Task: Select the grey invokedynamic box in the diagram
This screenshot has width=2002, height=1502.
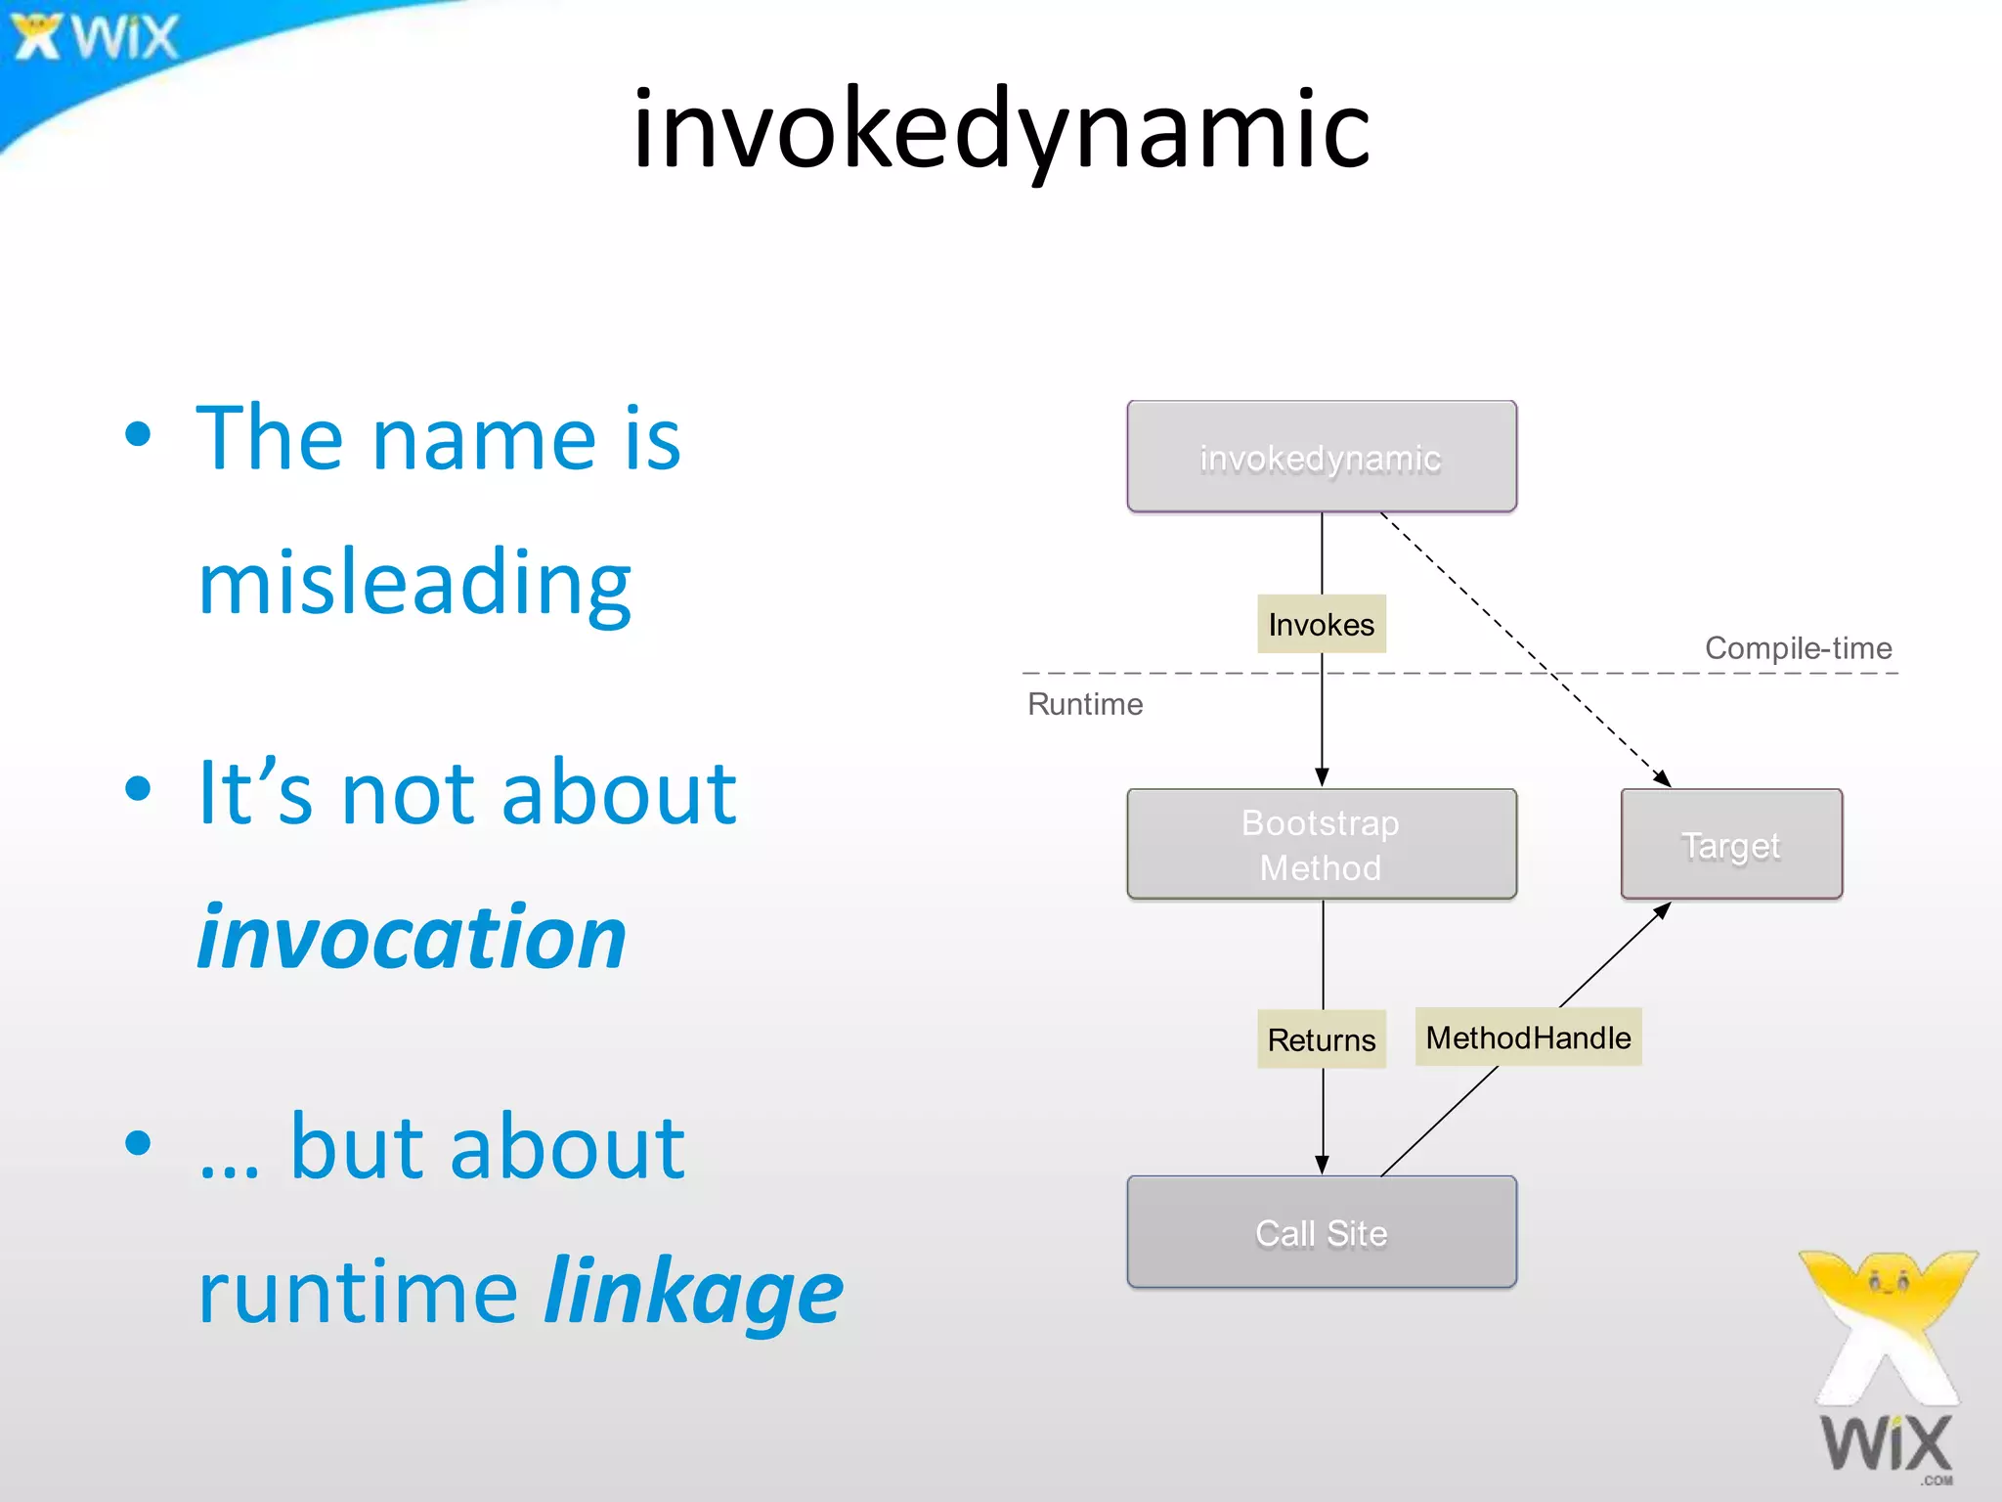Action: tap(1321, 457)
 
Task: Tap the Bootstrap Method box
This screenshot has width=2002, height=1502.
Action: tap(1321, 844)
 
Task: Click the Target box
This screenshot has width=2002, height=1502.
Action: tap(1731, 844)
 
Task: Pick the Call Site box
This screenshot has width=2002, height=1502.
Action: tap(1321, 1232)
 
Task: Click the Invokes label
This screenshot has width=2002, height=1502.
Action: tap(1321, 624)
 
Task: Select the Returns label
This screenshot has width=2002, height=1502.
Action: tap(1321, 1038)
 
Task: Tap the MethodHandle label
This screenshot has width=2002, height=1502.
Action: tap(1528, 1037)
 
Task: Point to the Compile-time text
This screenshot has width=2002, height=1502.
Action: tap(1798, 647)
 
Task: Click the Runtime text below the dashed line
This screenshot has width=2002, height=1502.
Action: tap(1084, 704)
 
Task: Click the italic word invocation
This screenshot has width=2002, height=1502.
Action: tap(412, 937)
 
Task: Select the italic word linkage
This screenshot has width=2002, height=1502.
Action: tap(693, 1291)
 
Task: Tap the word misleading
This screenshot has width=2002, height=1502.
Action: tap(414, 583)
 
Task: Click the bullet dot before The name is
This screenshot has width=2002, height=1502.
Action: tap(139, 435)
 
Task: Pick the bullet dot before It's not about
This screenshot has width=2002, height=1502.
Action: tap(139, 788)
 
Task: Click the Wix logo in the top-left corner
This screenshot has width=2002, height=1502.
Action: tap(96, 37)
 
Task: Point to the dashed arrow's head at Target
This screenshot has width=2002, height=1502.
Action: tap(1662, 778)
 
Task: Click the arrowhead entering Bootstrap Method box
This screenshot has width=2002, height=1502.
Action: tap(1322, 777)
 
